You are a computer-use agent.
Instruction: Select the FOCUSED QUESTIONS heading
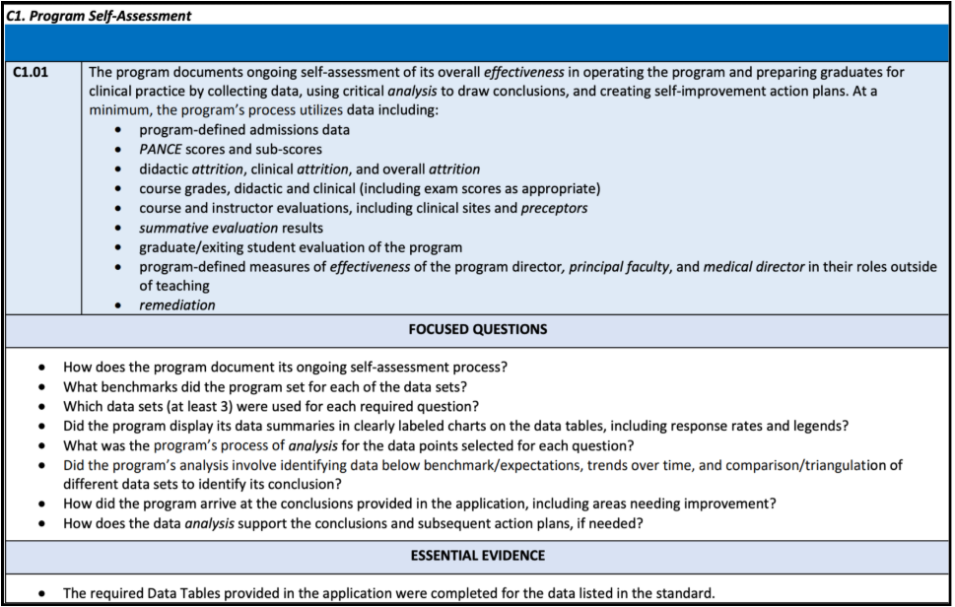478,329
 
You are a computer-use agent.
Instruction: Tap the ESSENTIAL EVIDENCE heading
478,556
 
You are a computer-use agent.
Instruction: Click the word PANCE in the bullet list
161,150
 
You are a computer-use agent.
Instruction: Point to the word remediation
177,305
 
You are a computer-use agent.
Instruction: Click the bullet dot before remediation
119,306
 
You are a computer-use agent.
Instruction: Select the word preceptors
554,208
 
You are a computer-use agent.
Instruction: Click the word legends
819,426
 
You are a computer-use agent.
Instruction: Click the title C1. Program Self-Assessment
99,16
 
